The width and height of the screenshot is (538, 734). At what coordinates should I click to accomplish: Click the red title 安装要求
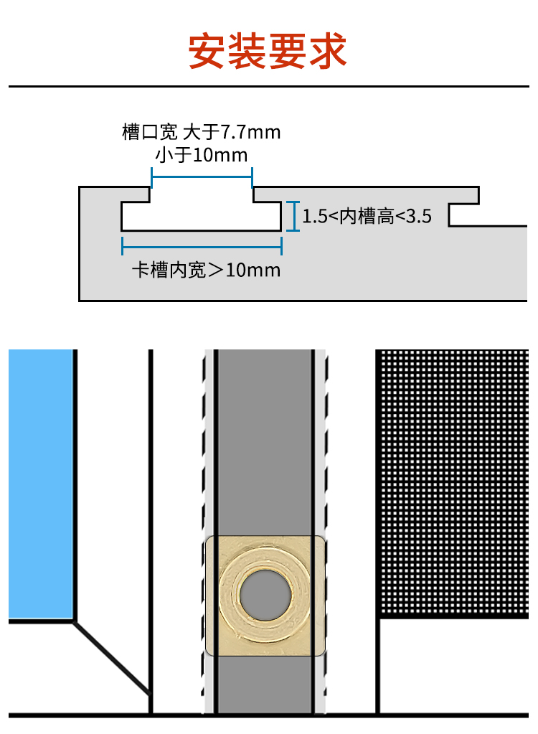pos(268,50)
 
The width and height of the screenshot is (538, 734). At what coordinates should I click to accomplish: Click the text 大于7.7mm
pos(232,132)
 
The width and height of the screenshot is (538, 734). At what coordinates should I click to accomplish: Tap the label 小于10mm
pos(201,154)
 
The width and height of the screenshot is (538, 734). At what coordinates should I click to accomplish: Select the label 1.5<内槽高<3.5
pos(367,216)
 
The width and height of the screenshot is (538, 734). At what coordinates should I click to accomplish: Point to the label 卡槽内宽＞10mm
pos(206,270)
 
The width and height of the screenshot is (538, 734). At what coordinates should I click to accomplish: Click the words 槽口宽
pos(149,132)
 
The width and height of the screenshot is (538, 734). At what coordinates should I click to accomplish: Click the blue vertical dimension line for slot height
pos(292,216)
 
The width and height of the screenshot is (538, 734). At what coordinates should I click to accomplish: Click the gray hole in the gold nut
pos(266,595)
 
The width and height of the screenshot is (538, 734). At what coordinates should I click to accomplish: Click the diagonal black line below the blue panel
pos(112,659)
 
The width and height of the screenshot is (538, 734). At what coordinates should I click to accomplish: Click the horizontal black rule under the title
pos(268,86)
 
